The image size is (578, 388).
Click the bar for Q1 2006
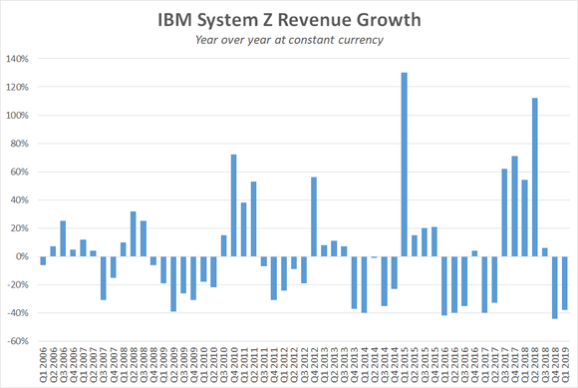[43, 260]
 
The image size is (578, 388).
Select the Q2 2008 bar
[133, 233]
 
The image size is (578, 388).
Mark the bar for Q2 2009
[173, 283]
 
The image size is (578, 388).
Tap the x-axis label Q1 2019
[564, 363]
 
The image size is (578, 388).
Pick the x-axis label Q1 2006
[43, 363]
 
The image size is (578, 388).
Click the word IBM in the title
[179, 20]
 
